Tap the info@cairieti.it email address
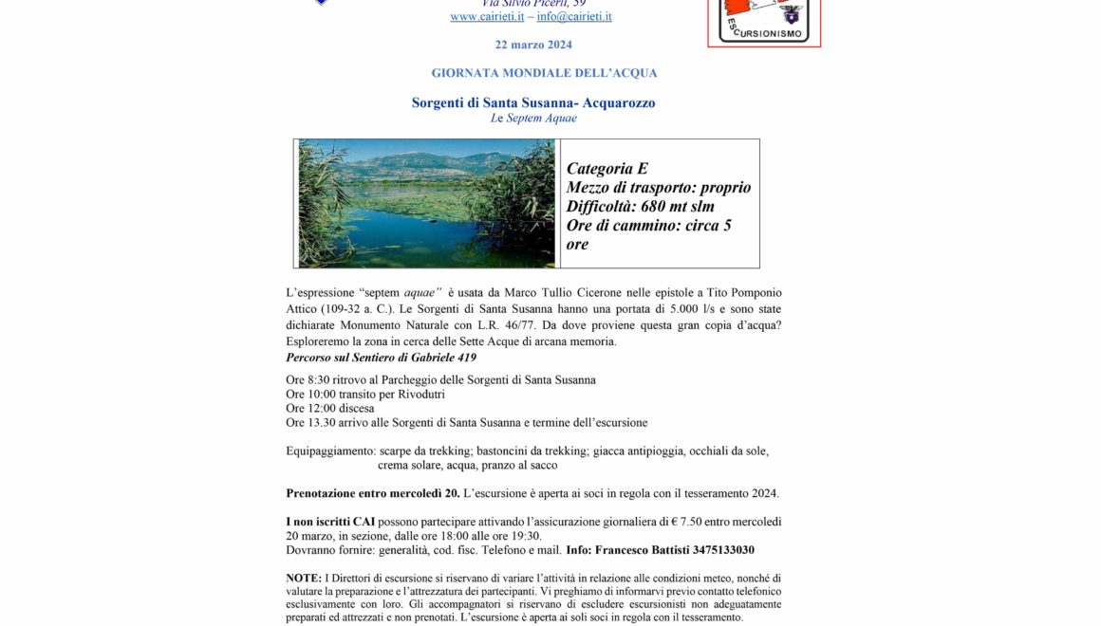point(574,16)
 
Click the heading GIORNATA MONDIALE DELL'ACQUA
point(544,73)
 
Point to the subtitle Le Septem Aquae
point(533,119)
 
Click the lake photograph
point(426,203)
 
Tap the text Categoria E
point(607,169)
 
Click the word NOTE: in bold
point(304,578)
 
